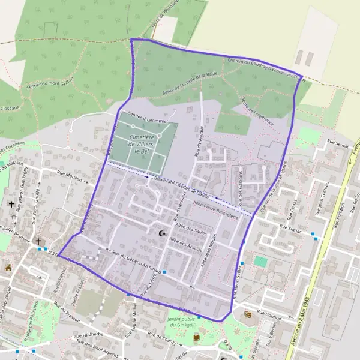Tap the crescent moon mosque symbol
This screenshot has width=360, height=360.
(161, 233)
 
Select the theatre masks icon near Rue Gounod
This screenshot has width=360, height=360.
(248, 314)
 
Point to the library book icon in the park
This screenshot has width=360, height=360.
(196, 337)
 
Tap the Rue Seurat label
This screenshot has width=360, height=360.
(338, 142)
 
